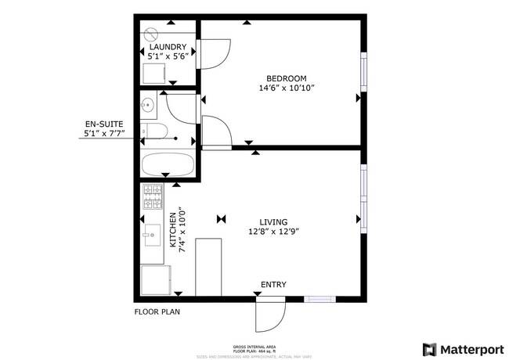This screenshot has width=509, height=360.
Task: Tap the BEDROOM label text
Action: (287, 78)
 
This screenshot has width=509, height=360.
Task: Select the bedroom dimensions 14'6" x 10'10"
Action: (287, 89)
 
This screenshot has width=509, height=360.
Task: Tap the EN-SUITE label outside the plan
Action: (103, 124)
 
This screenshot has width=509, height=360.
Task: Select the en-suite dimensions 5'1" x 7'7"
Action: (103, 135)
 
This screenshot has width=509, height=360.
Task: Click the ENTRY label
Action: (273, 284)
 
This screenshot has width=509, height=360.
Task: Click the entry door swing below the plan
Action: (270, 315)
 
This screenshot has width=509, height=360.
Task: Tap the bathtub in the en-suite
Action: (168, 165)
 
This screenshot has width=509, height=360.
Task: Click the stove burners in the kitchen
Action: (151, 196)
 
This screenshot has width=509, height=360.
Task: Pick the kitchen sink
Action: (150, 234)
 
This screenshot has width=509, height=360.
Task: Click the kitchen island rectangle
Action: (209, 267)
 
